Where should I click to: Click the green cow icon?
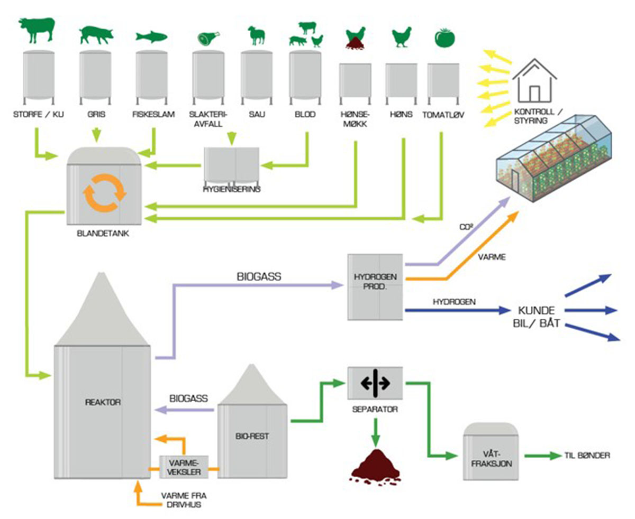pyautogui.click(x=37, y=30)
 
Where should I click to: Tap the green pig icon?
pyautogui.click(x=96, y=35)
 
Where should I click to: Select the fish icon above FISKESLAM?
pyautogui.click(x=151, y=36)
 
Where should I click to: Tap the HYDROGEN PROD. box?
pyautogui.click(x=376, y=286)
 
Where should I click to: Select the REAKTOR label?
pyautogui.click(x=103, y=402)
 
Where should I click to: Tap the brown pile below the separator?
pyautogui.click(x=376, y=466)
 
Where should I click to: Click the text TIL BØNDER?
pyautogui.click(x=587, y=455)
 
